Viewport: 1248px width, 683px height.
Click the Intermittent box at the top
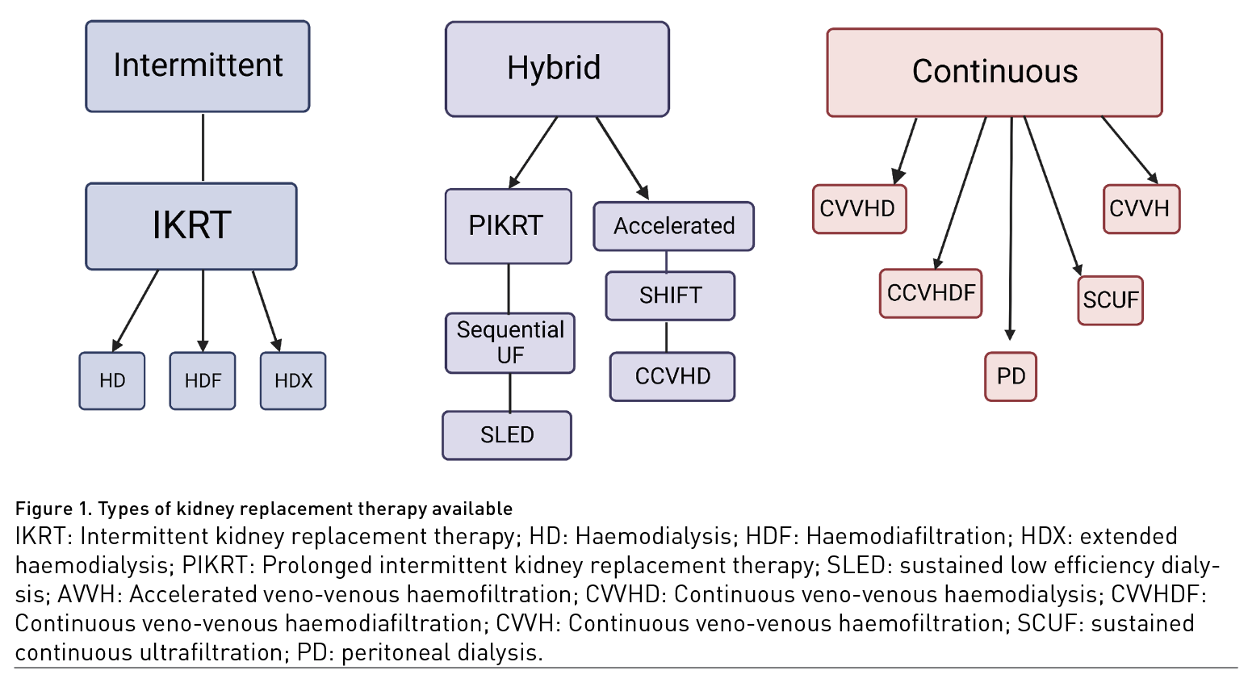click(x=197, y=66)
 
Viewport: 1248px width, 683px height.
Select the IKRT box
click(x=191, y=226)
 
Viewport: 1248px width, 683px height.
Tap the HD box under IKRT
click(x=112, y=381)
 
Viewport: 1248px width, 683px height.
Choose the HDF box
click(x=203, y=381)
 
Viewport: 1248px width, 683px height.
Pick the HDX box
click(x=293, y=381)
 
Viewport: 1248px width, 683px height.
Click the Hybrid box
click(x=556, y=69)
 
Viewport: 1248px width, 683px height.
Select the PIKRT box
click(x=508, y=226)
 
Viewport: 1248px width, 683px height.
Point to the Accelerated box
click(x=673, y=226)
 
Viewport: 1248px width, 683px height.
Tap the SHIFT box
click(x=670, y=296)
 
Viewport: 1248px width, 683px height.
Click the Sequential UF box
click(x=509, y=343)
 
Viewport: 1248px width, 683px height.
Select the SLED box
click(x=507, y=435)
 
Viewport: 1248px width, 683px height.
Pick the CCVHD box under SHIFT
click(x=672, y=377)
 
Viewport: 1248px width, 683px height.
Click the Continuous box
click(x=994, y=73)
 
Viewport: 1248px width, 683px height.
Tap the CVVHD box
click(x=859, y=209)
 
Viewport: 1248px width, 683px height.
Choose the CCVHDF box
click(x=931, y=293)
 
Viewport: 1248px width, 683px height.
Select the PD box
click(x=1011, y=377)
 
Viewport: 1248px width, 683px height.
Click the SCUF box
click(x=1110, y=300)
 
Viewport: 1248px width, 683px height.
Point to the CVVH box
click(x=1141, y=209)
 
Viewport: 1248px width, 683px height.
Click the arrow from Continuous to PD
click(x=1011, y=234)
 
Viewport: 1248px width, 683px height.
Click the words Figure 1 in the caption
click(x=53, y=509)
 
